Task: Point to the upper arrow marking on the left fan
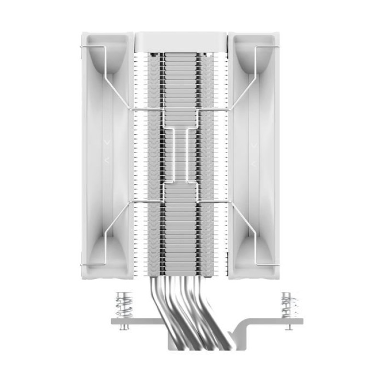[x=106, y=142]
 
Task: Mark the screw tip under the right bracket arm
[x=289, y=328]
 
